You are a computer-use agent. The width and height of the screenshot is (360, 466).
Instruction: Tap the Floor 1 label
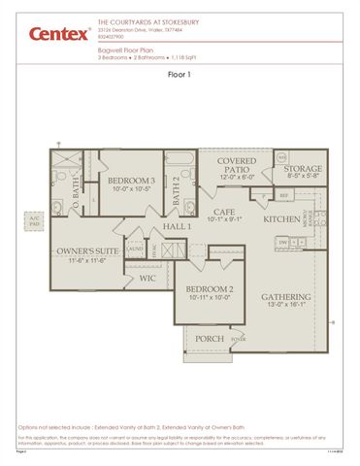[x=180, y=74]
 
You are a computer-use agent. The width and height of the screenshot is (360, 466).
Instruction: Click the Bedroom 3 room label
[x=131, y=181]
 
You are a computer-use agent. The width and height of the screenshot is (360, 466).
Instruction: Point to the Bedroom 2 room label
[x=209, y=289]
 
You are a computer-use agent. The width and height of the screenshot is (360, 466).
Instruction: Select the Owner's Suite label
[x=87, y=250]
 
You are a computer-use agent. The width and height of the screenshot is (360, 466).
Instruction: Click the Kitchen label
[x=282, y=219]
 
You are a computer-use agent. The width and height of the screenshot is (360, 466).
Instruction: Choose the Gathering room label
[x=285, y=297]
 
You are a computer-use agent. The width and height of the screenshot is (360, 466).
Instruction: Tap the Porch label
[x=210, y=339]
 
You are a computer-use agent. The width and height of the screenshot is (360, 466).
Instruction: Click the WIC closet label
[x=147, y=278]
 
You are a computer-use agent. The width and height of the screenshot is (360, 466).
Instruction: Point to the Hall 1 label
[x=177, y=226]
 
